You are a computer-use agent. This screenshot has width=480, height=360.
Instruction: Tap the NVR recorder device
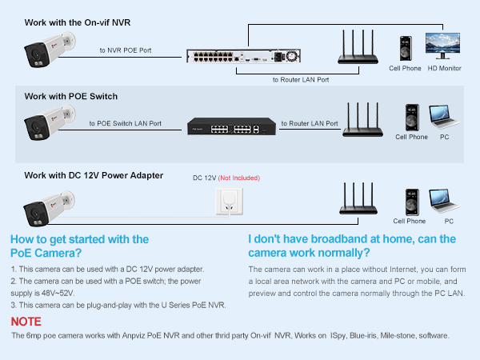pyautogui.click(x=242, y=56)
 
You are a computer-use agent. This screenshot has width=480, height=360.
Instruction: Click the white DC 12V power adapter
pyautogui.click(x=227, y=200)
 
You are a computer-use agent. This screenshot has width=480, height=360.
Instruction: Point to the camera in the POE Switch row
pyautogui.click(x=48, y=124)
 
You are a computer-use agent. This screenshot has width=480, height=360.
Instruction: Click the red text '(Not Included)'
pyautogui.click(x=239, y=178)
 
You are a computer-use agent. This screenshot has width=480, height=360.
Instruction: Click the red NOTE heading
pyautogui.click(x=26, y=321)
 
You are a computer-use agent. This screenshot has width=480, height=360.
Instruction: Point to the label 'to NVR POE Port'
pyautogui.click(x=125, y=50)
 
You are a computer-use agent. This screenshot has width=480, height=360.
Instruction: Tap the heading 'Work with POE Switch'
pyautogui.click(x=70, y=96)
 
